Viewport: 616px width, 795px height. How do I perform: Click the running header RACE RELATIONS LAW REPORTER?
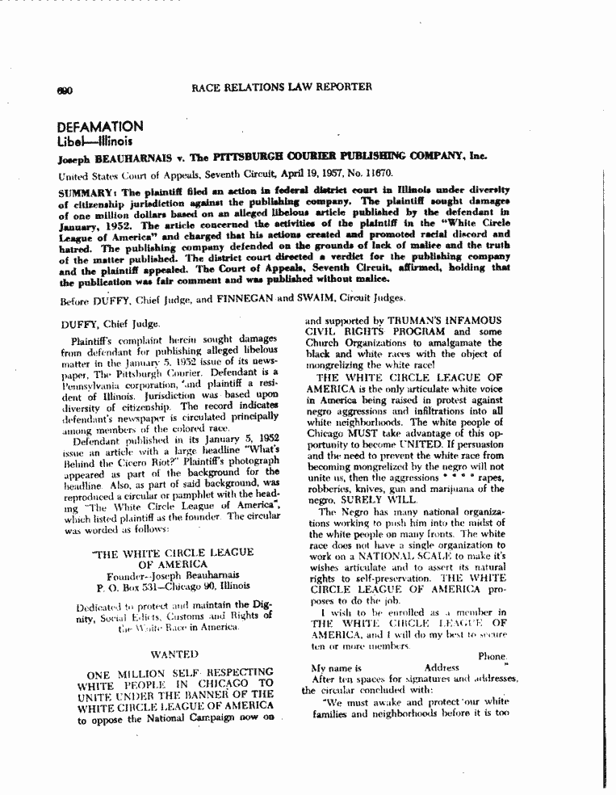point(281,86)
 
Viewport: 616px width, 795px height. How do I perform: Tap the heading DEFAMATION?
point(99,127)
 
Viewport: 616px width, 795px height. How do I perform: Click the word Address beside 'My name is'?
point(442,668)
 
